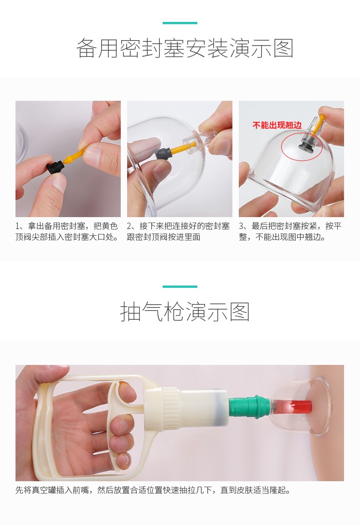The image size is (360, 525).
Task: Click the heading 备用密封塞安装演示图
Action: [x=185, y=48]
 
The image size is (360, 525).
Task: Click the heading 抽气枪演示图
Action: [x=185, y=312]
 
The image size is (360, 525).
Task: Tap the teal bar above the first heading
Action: [x=180, y=23]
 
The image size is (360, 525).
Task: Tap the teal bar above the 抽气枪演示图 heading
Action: [x=180, y=286]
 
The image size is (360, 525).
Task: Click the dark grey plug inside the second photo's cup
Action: [x=163, y=153]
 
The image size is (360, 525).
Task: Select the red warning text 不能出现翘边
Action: [x=277, y=125]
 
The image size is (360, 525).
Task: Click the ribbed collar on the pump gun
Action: [x=171, y=407]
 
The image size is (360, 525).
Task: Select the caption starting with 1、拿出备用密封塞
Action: [x=67, y=231]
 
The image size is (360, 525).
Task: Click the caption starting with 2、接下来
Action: [x=178, y=231]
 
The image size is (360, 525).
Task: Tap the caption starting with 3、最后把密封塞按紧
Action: [x=290, y=231]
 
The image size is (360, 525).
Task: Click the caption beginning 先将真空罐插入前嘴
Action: [x=153, y=490]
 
